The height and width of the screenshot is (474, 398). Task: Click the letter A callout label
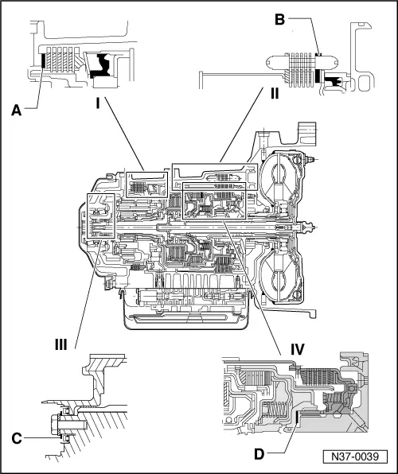[17, 113]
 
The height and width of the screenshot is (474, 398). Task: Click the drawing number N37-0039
[360, 457]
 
